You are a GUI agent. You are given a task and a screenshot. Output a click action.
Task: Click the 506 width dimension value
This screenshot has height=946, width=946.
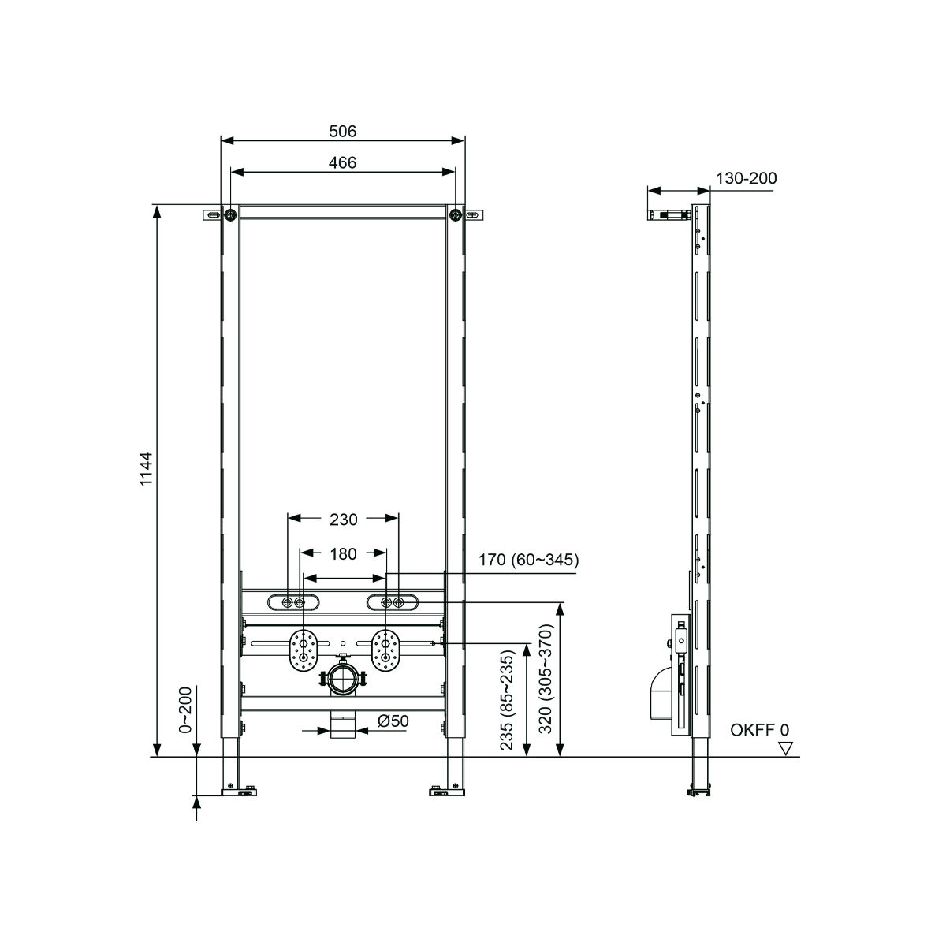point(342,132)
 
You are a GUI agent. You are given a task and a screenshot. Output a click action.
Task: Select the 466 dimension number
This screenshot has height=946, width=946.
point(342,162)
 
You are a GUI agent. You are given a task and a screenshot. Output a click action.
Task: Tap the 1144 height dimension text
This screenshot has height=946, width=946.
point(147,469)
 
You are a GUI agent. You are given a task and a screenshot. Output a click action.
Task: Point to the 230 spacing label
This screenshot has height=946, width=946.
point(343,520)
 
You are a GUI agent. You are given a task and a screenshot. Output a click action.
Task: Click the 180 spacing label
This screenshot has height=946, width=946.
point(343,553)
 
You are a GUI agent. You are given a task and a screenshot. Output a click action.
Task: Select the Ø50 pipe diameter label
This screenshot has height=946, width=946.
point(393,721)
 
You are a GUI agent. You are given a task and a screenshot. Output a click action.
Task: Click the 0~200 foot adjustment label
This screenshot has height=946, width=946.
point(185,710)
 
